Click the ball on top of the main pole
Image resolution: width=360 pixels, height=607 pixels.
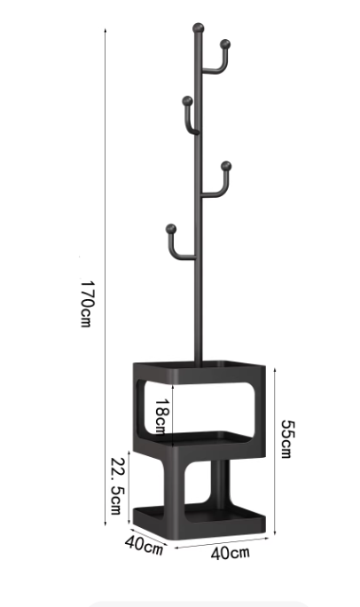[198, 28]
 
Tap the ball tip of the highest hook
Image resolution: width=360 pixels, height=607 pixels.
[225, 44]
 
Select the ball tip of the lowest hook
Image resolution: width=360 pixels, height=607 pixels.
[171, 229]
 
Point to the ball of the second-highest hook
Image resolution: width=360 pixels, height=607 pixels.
[187, 101]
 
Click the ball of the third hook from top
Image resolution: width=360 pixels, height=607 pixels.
[226, 166]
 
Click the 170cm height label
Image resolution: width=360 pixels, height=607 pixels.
[86, 303]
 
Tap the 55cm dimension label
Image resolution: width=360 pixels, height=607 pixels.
[287, 439]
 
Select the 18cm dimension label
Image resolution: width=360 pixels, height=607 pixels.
[161, 416]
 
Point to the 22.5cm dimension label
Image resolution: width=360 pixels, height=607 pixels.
[117, 486]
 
